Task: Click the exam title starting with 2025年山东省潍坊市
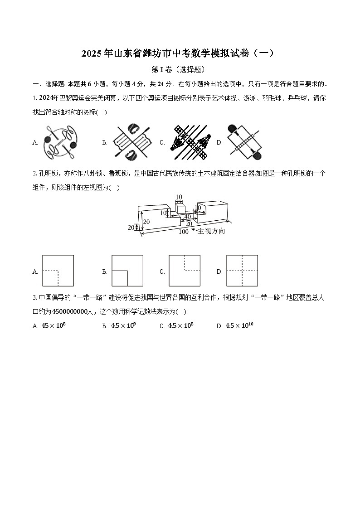(178, 53)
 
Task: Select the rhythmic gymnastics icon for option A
(59, 142)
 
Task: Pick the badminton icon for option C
(190, 142)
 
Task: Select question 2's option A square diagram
(58, 271)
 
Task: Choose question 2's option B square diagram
(127, 271)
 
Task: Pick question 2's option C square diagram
(185, 271)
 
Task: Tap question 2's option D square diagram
(242, 271)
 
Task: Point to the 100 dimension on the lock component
(183, 232)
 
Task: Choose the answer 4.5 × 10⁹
(123, 325)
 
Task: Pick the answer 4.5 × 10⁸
(180, 325)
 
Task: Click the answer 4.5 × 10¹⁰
(239, 325)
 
